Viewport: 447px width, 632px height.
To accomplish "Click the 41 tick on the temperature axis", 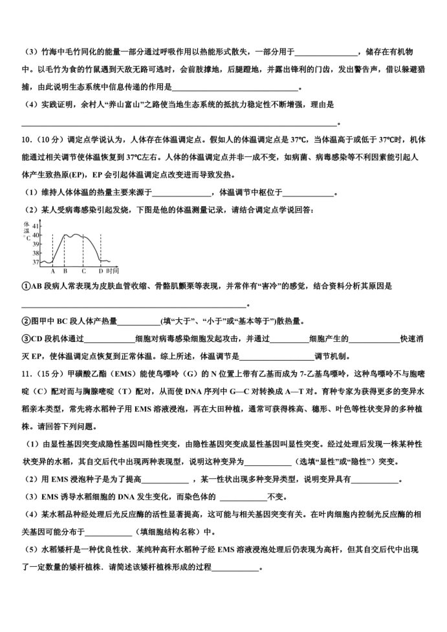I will point(36,226).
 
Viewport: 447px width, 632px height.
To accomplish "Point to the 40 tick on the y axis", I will point(36,235).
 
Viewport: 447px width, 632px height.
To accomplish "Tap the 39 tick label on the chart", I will point(36,244).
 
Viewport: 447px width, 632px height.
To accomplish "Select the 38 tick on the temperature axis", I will point(36,253).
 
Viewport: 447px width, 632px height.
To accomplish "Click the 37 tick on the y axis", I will point(36,262).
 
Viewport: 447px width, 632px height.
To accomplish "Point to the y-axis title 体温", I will point(27,227).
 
